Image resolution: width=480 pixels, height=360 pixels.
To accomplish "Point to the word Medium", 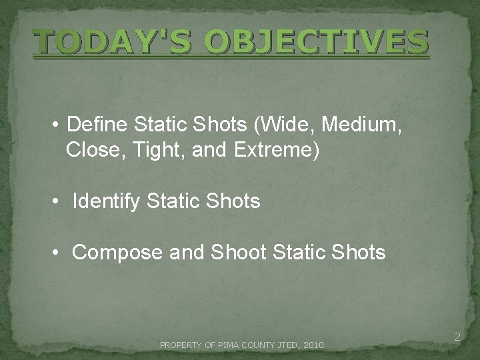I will click(361, 125).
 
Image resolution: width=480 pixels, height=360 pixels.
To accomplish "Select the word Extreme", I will click(274, 151).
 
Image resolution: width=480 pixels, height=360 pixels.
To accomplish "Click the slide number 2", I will click(457, 338).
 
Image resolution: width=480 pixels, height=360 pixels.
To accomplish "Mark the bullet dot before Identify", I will click(59, 201).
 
